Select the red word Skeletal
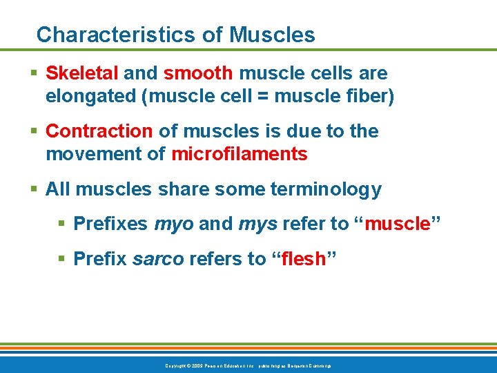pyautogui.click(x=82, y=73)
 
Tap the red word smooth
pyautogui.click(x=197, y=73)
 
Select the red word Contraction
pyautogui.click(x=99, y=131)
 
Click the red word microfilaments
pyautogui.click(x=239, y=155)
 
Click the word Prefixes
pyautogui.click(x=110, y=224)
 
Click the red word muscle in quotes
pyautogui.click(x=397, y=224)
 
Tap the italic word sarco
pyautogui.click(x=157, y=259)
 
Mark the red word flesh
pyautogui.click(x=304, y=258)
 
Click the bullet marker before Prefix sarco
pyautogui.click(x=62, y=259)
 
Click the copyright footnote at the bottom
pyautogui.click(x=248, y=365)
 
